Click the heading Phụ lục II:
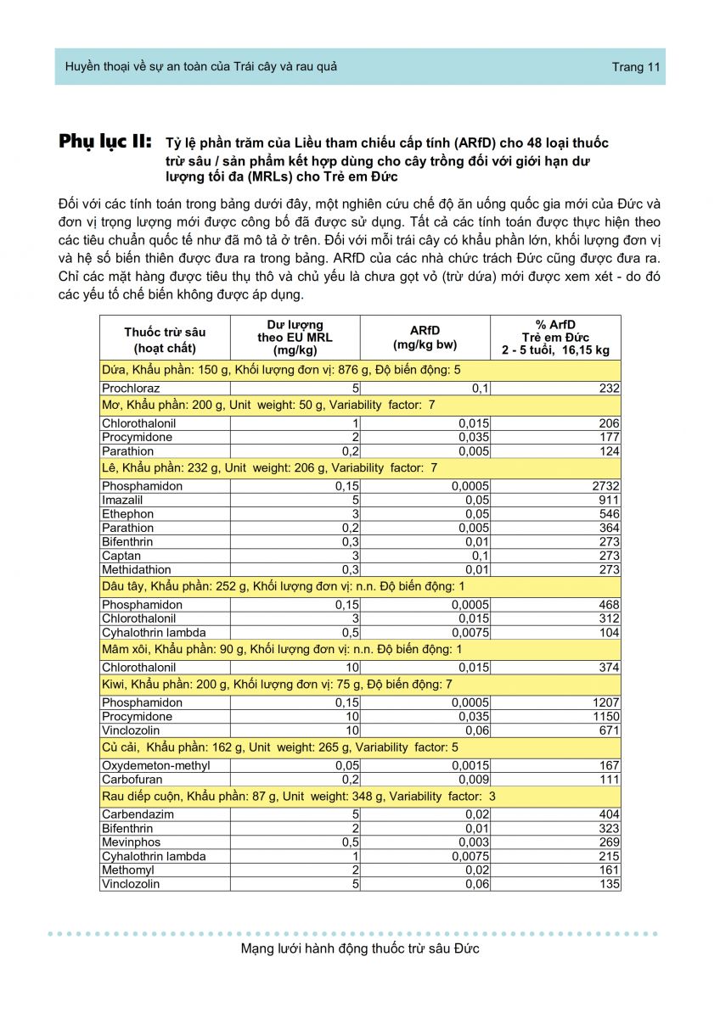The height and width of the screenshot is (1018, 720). click(105, 142)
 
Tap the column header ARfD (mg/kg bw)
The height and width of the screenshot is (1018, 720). click(425, 338)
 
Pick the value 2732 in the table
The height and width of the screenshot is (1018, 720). click(606, 486)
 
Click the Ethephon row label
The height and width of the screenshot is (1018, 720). click(127, 514)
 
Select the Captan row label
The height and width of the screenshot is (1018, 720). click(121, 556)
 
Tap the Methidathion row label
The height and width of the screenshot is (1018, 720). click(136, 570)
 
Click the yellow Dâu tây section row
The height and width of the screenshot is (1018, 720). click(360, 586)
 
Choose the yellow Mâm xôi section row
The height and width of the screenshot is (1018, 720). click(360, 650)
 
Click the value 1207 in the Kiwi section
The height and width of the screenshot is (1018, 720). click(606, 702)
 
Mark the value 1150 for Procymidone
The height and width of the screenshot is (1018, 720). click(606, 717)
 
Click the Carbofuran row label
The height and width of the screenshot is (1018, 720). click(132, 780)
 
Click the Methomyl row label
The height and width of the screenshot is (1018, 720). click(128, 870)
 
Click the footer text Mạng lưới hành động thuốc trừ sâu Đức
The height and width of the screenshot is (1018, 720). click(360, 948)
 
